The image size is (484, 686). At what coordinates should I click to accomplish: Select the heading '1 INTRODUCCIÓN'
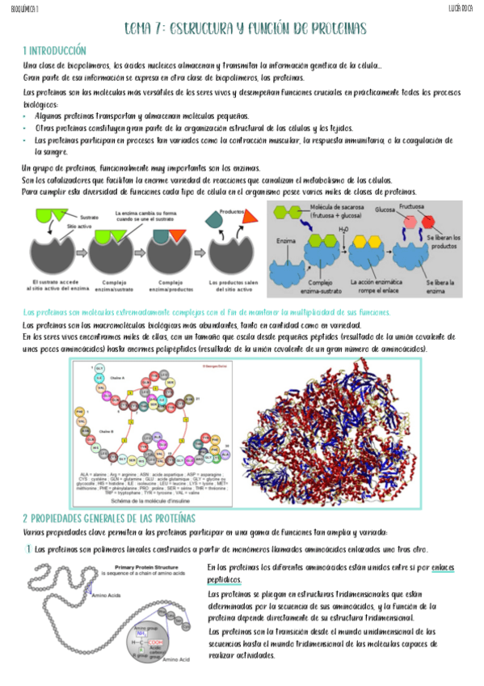(x=55, y=50)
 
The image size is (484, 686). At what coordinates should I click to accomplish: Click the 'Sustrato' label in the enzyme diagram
(x=90, y=217)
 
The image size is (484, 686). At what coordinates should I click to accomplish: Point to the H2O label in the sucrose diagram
(x=344, y=231)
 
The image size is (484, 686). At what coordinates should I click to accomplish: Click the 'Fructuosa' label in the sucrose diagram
(x=417, y=208)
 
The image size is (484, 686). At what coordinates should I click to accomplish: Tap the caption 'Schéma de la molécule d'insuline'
(x=153, y=502)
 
